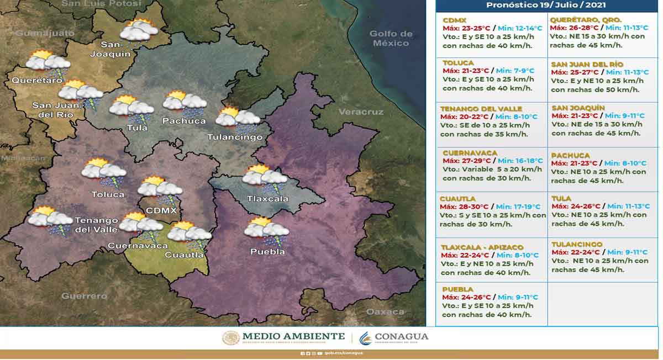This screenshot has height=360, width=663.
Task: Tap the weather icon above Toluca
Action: tap(104, 173)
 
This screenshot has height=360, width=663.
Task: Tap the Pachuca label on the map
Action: tap(184, 121)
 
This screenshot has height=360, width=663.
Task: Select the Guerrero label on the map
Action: tap(84, 296)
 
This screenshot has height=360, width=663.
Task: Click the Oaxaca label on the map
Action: tap(385, 312)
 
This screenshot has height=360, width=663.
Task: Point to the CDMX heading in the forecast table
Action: tap(454, 20)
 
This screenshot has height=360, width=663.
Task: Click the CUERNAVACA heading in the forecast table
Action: tap(470, 153)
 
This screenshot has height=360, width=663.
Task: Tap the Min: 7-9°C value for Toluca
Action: tap(515, 71)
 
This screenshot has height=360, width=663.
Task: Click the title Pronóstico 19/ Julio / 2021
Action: tap(546, 5)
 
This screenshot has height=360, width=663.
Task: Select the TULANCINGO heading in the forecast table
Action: tap(577, 244)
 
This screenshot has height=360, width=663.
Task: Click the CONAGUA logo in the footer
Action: tap(393, 337)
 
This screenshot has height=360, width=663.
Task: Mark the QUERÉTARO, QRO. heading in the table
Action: tap(585, 20)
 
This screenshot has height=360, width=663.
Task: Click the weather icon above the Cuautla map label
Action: tap(190, 234)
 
